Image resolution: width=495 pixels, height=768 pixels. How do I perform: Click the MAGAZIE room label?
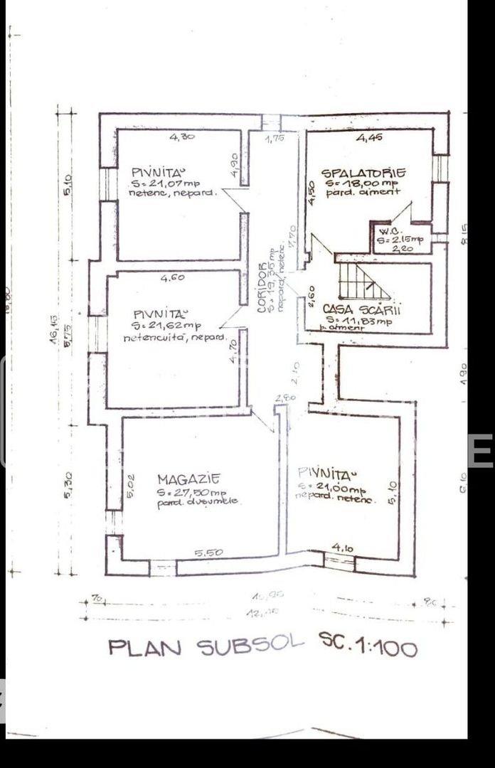coord(188,479)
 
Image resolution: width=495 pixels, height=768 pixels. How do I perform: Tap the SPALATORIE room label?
coord(363,173)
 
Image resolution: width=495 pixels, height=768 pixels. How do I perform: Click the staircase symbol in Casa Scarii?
coord(363,281)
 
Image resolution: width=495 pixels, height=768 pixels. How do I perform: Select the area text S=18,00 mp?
coord(363,183)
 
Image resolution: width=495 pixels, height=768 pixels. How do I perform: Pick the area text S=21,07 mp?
coord(165,183)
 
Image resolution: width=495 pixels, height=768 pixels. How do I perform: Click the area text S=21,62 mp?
coord(168,325)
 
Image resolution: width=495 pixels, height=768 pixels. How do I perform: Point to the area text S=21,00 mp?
coord(332,489)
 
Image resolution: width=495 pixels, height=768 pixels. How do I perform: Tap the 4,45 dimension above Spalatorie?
coord(370,138)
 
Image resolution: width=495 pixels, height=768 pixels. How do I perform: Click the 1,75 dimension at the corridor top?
coord(275,139)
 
